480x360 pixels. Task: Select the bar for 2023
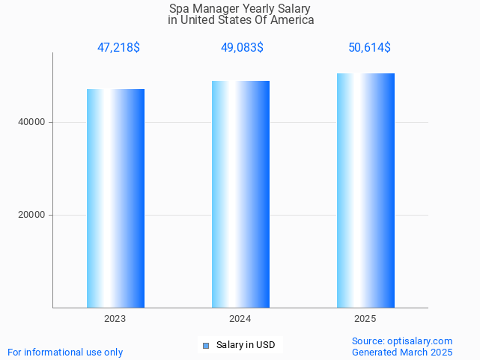115,198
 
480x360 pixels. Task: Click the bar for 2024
240,194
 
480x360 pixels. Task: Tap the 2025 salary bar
365,190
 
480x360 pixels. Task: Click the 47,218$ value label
118,48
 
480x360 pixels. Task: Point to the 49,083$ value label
241,48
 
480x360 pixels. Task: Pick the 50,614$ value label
369,48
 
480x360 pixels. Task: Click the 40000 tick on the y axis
31,122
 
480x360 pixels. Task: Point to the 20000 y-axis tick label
31,215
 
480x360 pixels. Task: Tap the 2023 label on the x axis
115,319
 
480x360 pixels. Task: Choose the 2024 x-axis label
240,319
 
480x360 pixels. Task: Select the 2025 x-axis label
365,319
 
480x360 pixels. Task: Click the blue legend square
206,345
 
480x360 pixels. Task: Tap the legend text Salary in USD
246,345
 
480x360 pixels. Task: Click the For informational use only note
65,352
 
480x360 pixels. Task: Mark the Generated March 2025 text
402,352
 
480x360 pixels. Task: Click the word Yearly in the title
260,8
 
